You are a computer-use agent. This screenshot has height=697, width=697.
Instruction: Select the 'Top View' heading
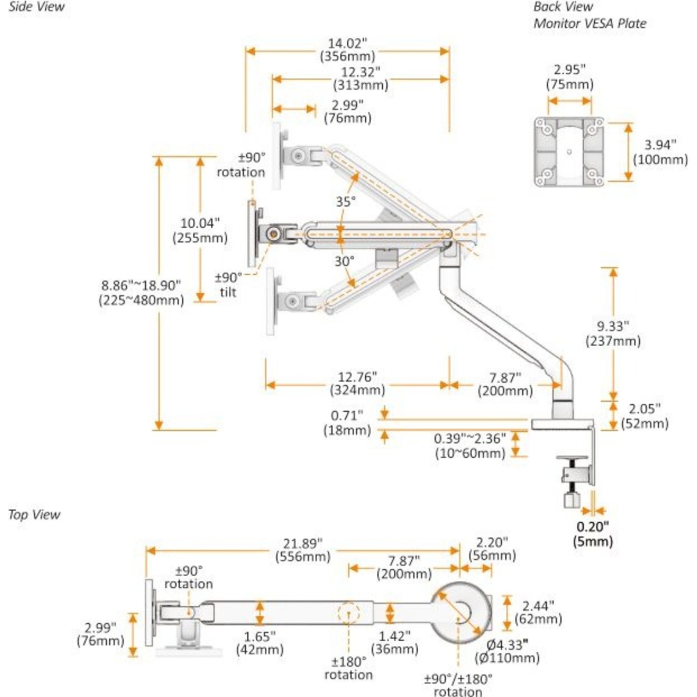click(34, 515)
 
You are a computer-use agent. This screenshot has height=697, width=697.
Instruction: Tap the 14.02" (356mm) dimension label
click(347, 50)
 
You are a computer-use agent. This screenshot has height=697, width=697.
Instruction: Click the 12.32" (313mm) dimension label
click(360, 78)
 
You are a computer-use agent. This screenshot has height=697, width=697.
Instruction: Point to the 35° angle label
click(345, 202)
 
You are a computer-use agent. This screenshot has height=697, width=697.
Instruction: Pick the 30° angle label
click(344, 261)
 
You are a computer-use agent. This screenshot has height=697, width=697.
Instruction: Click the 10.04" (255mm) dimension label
click(200, 230)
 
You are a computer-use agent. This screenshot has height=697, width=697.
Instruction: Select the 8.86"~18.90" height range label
click(142, 292)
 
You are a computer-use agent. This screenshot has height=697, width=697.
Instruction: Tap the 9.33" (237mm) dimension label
click(613, 333)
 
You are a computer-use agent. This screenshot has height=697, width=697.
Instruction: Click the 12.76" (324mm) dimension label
click(357, 383)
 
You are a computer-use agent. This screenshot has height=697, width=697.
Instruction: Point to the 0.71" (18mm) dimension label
click(347, 422)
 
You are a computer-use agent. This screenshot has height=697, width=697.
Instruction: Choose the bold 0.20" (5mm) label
click(592, 534)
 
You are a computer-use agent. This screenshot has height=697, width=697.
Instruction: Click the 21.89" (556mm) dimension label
click(303, 549)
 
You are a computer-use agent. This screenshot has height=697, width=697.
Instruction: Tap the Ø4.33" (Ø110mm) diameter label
click(507, 651)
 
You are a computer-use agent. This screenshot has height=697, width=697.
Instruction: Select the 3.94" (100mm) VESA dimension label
click(660, 152)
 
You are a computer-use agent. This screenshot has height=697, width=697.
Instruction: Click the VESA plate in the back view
click(569, 152)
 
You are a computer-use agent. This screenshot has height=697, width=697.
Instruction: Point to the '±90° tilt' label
click(228, 285)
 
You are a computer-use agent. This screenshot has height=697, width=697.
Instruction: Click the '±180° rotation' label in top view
click(348, 668)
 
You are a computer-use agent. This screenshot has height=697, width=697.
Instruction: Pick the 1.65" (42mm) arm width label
click(259, 642)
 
